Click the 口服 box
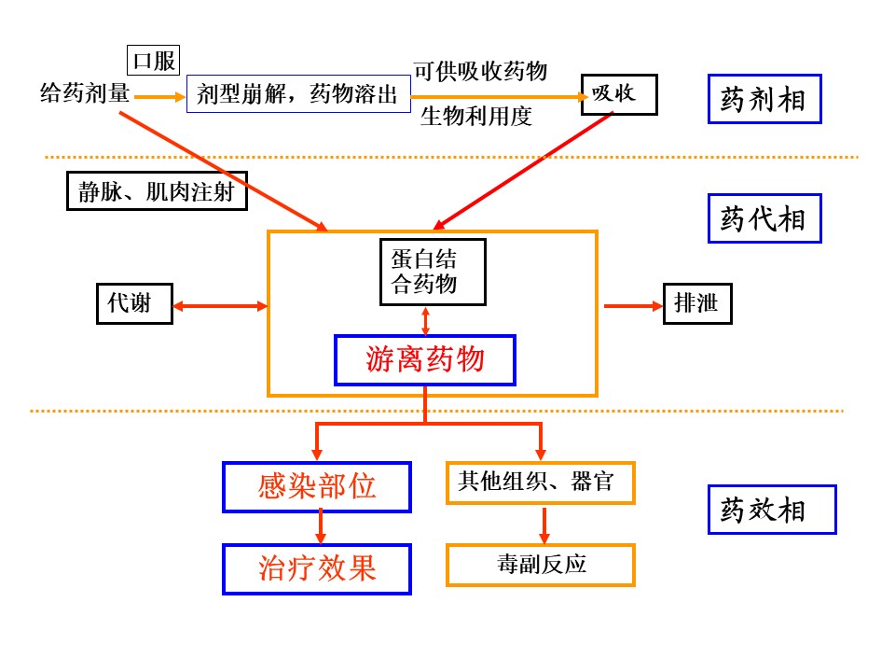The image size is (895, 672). point(154,61)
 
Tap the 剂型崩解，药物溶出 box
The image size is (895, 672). point(298,94)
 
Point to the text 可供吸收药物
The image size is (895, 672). point(480,71)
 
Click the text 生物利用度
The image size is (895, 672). point(476,117)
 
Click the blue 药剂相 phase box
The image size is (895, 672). point(764,98)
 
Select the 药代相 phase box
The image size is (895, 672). point(764,218)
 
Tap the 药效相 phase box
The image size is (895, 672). point(771,510)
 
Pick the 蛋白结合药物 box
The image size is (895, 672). point(434,272)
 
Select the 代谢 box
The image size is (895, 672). point(134,303)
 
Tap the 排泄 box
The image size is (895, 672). point(696,303)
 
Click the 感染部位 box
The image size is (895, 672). point(317,486)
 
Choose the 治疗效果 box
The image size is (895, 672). point(317,569)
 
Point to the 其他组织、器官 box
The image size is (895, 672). point(541,483)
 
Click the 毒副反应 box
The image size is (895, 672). point(541,565)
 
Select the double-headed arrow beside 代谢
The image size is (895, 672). point(220,305)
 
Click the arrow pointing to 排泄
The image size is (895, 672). point(631,305)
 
